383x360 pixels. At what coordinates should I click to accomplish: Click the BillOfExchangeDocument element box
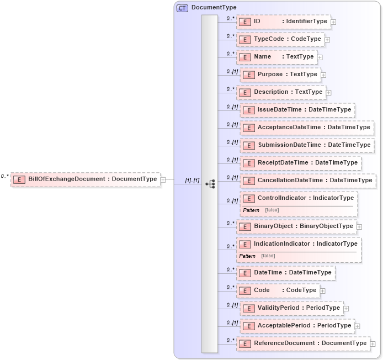click(86, 179)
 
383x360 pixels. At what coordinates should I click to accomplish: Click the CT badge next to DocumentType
click(182, 8)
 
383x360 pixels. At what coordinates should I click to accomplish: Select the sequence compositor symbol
click(210, 184)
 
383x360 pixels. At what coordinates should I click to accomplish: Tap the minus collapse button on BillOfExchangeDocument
click(163, 179)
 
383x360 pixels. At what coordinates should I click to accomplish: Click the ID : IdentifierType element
click(283, 22)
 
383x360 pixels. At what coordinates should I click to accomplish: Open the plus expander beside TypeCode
click(327, 40)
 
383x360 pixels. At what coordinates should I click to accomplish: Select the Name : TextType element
click(276, 57)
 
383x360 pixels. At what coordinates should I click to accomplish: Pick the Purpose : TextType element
click(280, 75)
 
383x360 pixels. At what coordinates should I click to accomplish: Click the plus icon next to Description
click(329, 92)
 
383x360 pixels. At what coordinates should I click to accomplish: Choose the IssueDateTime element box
click(297, 110)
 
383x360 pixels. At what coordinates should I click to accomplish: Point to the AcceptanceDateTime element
click(307, 128)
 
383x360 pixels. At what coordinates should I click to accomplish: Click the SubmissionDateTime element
click(307, 145)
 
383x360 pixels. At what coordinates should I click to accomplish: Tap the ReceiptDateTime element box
click(300, 163)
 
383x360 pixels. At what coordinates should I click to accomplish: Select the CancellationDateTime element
click(307, 181)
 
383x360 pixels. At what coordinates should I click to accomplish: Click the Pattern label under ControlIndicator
click(251, 210)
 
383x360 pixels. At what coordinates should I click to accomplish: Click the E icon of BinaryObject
click(244, 226)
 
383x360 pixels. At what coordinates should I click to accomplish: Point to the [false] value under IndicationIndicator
click(268, 256)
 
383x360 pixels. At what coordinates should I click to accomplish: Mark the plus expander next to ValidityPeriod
click(346, 308)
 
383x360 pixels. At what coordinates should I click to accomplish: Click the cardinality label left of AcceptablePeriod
click(232, 323)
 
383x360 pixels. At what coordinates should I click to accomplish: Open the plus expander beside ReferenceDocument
click(373, 344)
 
